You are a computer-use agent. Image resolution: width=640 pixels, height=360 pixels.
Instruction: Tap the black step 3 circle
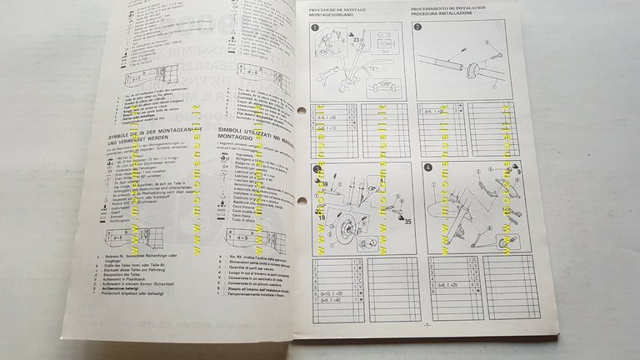coord(317,172)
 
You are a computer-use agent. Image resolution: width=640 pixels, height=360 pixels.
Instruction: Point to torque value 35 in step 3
coord(407,222)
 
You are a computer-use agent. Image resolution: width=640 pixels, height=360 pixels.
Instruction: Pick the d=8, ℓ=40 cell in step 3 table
coord(327,300)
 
